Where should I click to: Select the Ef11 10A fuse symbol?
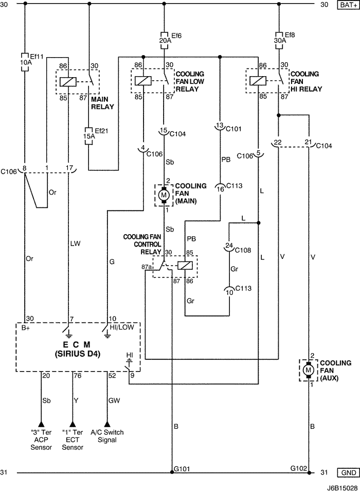[25, 62]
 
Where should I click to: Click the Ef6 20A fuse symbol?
[164, 40]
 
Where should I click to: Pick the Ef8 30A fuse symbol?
[279, 40]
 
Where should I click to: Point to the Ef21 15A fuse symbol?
[88, 136]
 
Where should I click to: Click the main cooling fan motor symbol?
[164, 195]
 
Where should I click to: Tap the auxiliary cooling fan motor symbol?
[308, 370]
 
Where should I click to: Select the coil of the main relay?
[68, 82]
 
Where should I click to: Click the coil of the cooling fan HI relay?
[258, 81]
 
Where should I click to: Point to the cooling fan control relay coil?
[185, 266]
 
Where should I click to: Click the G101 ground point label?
[182, 469]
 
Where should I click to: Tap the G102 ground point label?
[299, 468]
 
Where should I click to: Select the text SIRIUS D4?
[78, 354]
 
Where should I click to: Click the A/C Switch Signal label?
[107, 436]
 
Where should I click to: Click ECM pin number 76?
[78, 376]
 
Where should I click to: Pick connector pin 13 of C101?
[220, 126]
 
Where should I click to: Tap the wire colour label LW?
[75, 243]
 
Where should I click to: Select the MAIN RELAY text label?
[102, 103]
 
